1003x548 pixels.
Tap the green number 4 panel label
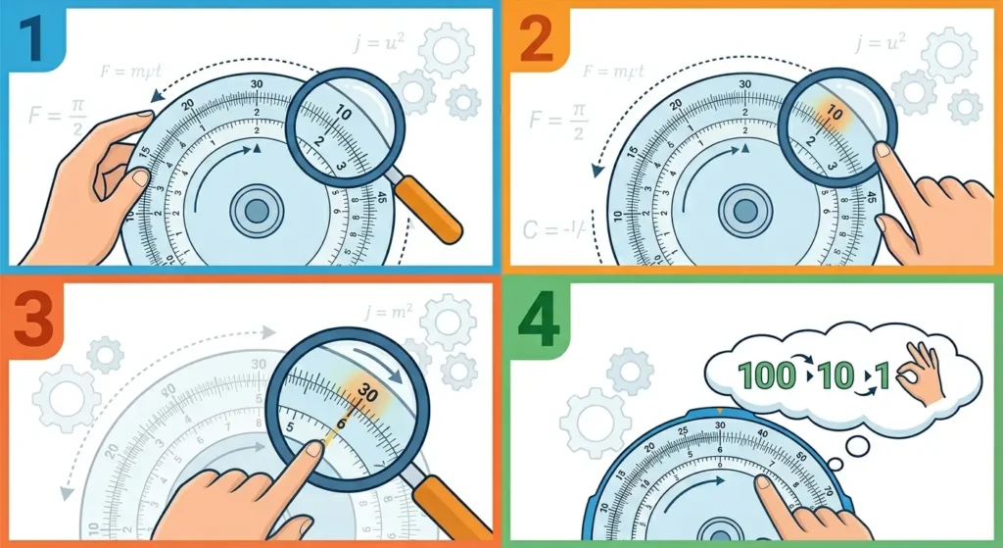[537, 321]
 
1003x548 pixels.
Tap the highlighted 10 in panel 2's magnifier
[834, 113]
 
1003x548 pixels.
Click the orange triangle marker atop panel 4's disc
[720, 408]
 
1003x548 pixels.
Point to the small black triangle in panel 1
[256, 149]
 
